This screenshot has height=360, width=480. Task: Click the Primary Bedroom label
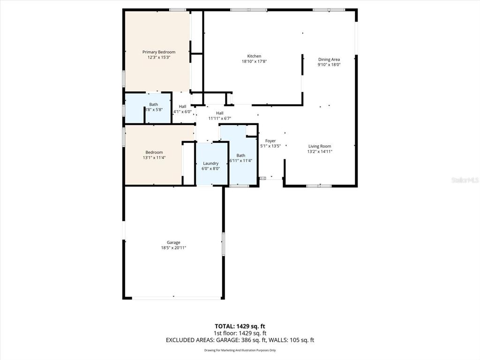point(158,52)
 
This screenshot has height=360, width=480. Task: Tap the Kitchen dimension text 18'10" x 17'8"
point(254,61)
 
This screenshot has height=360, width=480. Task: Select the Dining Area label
point(329,60)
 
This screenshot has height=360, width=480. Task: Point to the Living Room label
point(319,146)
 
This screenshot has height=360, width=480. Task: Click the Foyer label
point(270,141)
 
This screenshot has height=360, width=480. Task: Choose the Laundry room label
point(210,164)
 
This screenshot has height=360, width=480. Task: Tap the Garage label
point(173,242)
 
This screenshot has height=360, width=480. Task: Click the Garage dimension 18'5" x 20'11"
point(173,248)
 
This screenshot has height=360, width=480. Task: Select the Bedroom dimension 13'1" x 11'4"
point(154,157)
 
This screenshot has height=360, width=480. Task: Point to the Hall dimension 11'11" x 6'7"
point(219,119)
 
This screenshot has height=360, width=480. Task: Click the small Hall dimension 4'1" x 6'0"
point(182,112)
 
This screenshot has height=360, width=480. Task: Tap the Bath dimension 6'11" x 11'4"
point(240,161)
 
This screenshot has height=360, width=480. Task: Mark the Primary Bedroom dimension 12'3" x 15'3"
point(158,57)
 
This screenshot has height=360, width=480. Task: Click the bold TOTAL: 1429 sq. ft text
point(240,326)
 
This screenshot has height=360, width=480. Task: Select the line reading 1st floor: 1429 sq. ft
point(240,333)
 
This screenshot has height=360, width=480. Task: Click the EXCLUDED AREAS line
point(240,340)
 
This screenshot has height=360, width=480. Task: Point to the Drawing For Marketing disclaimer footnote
point(240,350)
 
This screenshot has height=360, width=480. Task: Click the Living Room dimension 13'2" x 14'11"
point(319,151)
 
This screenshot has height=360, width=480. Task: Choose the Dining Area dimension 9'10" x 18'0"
point(329,65)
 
